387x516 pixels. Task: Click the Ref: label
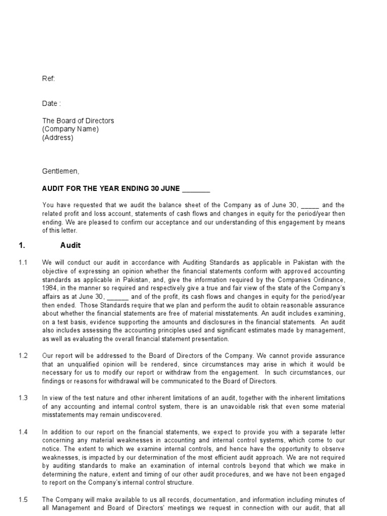tap(48, 79)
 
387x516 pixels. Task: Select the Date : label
tap(51, 103)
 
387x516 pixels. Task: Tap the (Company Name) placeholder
tap(70, 129)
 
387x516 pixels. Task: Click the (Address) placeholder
tap(57, 138)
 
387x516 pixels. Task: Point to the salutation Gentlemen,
tap(60, 171)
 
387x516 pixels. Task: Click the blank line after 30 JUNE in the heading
tap(196, 189)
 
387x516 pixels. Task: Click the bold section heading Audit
tap(71, 246)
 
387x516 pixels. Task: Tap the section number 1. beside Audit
tap(22, 246)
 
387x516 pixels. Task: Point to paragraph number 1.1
tap(23, 263)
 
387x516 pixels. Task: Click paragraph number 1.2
tap(23, 356)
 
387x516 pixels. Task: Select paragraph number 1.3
tap(23, 398)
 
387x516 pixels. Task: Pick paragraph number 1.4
tap(23, 432)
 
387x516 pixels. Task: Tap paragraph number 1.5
tap(23, 499)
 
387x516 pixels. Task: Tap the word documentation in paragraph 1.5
tap(197, 499)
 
